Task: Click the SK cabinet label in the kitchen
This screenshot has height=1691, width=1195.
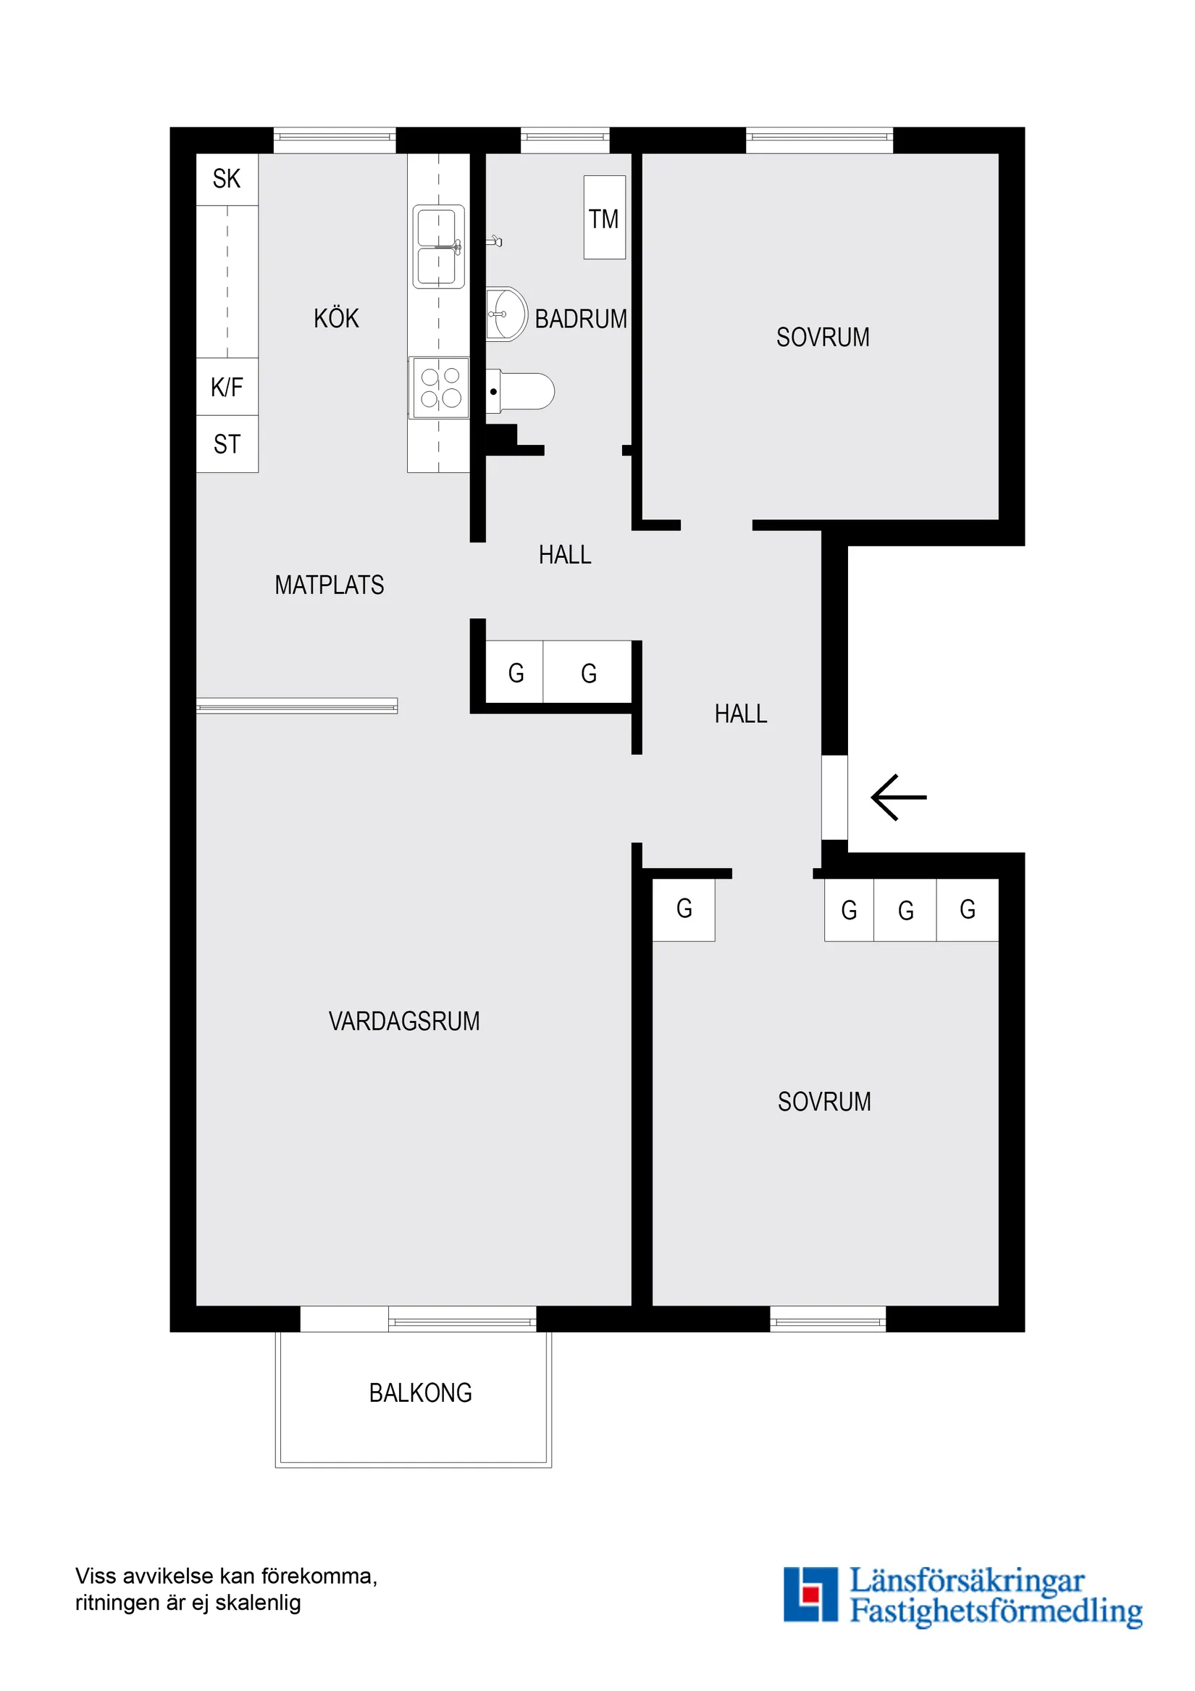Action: [227, 179]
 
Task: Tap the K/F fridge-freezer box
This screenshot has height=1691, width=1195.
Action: [227, 387]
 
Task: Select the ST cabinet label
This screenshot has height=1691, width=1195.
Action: [227, 444]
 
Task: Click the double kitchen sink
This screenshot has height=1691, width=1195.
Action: [438, 246]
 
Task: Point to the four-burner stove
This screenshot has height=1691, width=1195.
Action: [440, 388]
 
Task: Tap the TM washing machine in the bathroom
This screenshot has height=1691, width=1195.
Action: [604, 218]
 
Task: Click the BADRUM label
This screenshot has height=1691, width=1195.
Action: [581, 319]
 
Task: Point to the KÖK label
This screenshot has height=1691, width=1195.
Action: [337, 318]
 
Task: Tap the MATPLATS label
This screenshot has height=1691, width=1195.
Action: [329, 585]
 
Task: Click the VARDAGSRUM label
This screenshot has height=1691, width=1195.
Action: [403, 1021]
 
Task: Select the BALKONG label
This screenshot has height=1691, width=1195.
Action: [420, 1393]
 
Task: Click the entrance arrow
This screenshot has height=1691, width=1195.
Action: [897, 797]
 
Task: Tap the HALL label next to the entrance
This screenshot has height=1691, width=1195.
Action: [741, 713]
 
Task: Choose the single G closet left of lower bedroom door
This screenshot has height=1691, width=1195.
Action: [684, 909]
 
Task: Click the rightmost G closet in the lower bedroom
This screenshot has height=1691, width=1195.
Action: [968, 909]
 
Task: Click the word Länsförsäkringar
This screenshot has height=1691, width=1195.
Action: [967, 1582]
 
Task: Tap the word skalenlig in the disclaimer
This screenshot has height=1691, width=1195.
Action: [259, 1603]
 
